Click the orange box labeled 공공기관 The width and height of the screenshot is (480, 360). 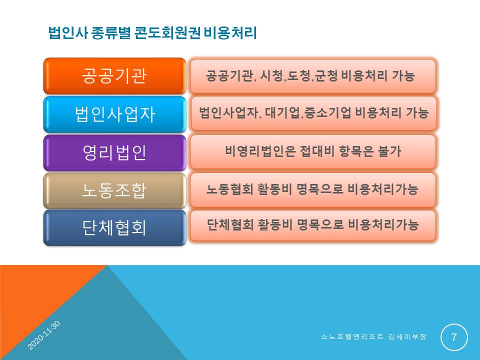(x=115, y=76)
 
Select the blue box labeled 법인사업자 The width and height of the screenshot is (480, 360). (x=115, y=114)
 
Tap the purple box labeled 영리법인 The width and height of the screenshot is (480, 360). (x=115, y=152)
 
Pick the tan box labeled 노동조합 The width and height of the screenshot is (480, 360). (x=115, y=190)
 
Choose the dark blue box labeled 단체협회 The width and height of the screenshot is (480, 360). (x=115, y=228)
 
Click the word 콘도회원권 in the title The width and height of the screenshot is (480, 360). (x=167, y=33)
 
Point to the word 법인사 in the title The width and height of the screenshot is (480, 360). (x=68, y=33)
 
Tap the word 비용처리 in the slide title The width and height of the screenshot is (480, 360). (x=230, y=33)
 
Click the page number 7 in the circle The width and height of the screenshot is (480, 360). (x=454, y=337)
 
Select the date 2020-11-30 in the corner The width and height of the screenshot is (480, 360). (x=44, y=335)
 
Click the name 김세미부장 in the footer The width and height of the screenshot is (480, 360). (x=407, y=337)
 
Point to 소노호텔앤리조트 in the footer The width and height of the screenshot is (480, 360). (x=352, y=337)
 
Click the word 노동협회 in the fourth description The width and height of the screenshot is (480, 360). (x=230, y=189)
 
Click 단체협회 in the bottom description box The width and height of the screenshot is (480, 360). (x=230, y=224)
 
